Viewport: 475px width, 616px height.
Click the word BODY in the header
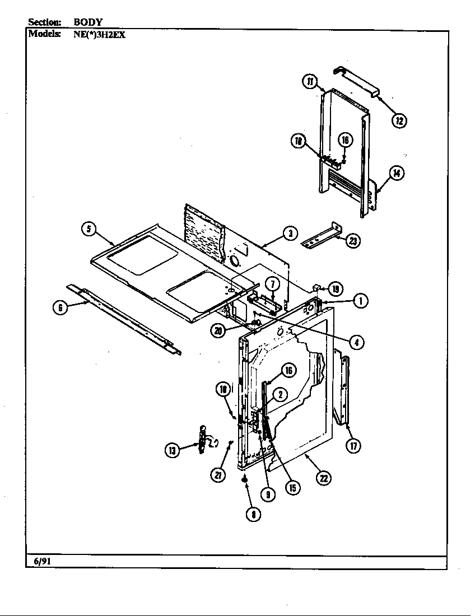[88, 22]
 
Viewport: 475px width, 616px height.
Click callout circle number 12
[399, 120]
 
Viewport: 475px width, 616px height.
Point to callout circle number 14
[396, 173]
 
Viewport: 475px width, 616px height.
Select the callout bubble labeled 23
[353, 241]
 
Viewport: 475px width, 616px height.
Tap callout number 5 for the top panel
[89, 229]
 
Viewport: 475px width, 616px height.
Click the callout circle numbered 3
[289, 234]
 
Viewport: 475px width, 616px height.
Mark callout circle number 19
[335, 289]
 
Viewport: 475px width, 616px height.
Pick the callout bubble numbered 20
[218, 330]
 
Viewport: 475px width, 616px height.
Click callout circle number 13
[172, 450]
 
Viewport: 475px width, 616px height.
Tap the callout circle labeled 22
[323, 478]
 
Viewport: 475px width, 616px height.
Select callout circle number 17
[353, 445]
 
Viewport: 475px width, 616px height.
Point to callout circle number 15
[292, 487]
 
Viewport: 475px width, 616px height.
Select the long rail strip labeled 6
[123, 319]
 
